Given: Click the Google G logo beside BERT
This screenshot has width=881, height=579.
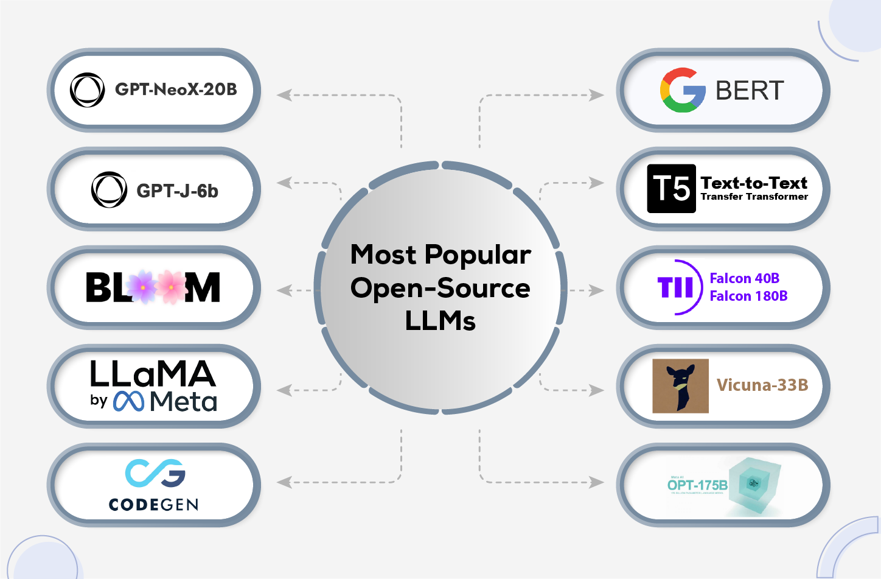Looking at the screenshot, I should (x=683, y=90).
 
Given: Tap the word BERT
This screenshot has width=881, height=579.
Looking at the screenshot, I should (x=750, y=91).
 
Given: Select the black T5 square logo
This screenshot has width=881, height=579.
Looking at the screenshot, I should (x=671, y=189).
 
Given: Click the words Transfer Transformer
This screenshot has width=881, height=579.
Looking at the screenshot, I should (x=754, y=197).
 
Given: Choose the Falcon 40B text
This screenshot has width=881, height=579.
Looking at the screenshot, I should (x=745, y=278).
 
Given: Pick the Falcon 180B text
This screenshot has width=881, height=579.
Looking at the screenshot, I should (x=748, y=296).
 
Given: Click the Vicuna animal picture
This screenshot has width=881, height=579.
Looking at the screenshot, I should (x=680, y=385).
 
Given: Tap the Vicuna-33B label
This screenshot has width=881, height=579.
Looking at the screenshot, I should (x=762, y=385).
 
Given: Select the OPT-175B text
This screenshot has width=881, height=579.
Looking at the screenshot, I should (x=697, y=485).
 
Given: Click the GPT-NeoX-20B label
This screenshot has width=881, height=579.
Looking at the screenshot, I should (x=176, y=89).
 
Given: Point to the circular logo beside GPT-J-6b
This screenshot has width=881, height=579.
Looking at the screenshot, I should (x=109, y=189).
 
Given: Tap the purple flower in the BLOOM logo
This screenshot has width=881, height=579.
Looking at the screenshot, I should (x=142, y=287).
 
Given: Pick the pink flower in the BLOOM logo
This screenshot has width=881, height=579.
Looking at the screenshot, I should (x=171, y=287).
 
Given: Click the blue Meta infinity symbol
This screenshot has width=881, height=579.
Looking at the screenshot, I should (x=128, y=401).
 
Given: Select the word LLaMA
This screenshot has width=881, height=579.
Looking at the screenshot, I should (x=153, y=374).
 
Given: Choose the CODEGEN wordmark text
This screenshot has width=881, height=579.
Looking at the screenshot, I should (x=153, y=504).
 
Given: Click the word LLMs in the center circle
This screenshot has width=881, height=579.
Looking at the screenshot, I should (x=440, y=321).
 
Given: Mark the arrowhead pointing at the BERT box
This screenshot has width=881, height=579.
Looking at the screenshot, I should (x=597, y=95).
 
